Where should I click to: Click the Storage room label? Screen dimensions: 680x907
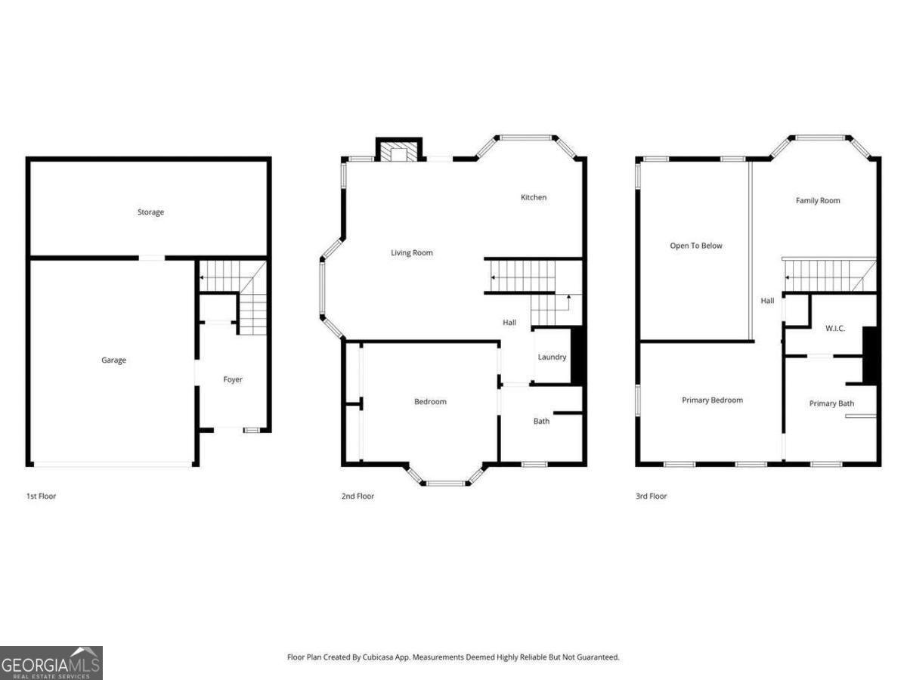[150, 212]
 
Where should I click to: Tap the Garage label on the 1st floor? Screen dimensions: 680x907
[114, 360]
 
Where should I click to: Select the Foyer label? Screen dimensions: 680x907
[233, 379]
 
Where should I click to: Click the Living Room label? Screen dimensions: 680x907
[412, 253]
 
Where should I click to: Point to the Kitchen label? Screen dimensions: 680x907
[534, 197]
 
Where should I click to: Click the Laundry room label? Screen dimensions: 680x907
[552, 357]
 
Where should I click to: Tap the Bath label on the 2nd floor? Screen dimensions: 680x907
[542, 421]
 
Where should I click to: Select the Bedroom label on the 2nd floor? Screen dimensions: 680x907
[430, 402]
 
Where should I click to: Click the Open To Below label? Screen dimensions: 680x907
[696, 246]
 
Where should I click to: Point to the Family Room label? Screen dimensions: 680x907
[818, 201]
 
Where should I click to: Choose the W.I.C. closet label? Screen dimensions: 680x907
[834, 328]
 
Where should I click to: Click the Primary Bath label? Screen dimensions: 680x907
[831, 403]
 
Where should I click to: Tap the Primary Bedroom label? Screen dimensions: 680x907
[712, 400]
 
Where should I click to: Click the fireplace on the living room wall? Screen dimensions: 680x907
[398, 152]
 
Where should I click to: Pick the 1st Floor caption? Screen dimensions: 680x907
[41, 496]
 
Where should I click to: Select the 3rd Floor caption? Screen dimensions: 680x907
[651, 496]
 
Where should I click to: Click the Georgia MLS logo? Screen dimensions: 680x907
[51, 663]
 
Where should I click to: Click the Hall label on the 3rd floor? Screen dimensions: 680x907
[767, 301]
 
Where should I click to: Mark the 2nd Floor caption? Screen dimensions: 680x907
[358, 496]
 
